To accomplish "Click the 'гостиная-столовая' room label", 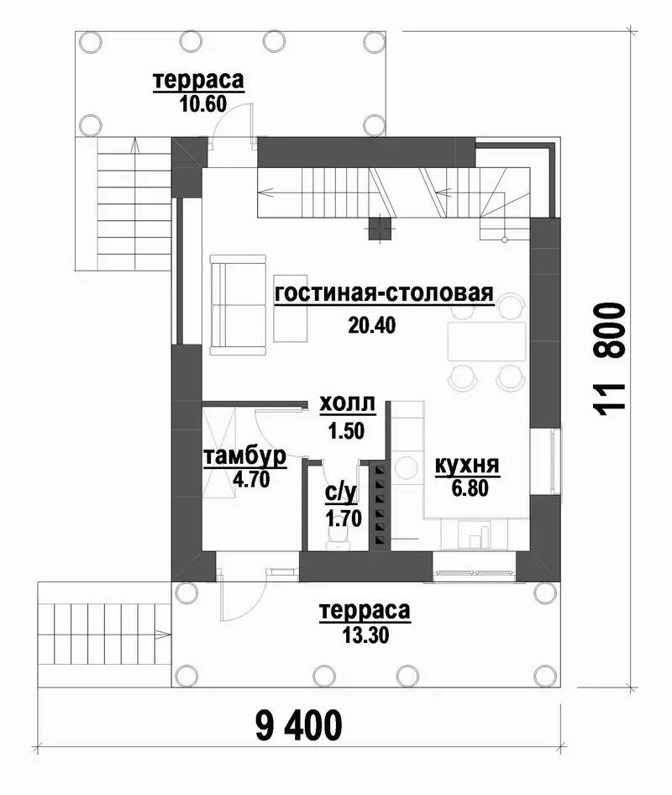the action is coord(384,293).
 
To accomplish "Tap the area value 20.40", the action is coord(371,325).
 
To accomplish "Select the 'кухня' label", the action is coord(467,466).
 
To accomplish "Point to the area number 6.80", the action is coord(470,488).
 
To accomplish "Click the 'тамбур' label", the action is coord(244,457).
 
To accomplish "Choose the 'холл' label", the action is coord(348,404).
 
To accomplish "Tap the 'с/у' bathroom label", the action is coord(341,492).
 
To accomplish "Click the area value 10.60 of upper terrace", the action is coord(202,104).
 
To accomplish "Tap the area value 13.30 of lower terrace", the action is coord(366,634).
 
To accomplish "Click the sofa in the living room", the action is coord(238,305).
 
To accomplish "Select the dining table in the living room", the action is coord(486,341).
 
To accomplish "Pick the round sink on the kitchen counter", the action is coord(406,467).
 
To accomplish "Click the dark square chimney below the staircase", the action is coord(380,228).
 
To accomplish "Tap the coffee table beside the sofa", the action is coord(291,308).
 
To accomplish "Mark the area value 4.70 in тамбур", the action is coord(251,478).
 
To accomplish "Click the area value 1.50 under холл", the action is coord(346,431).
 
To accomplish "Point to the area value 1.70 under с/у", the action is coord(344,519).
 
